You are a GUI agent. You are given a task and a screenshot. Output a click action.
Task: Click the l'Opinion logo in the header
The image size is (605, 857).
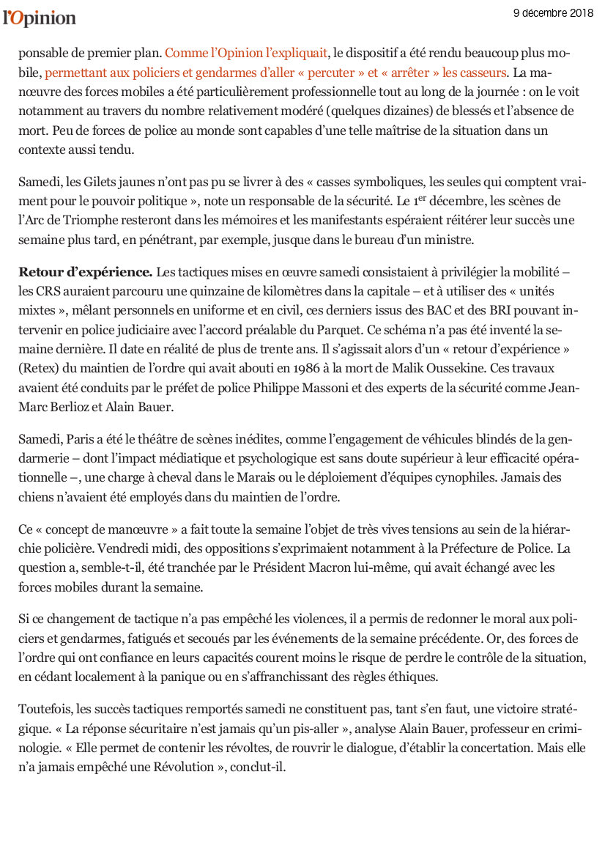(40, 18)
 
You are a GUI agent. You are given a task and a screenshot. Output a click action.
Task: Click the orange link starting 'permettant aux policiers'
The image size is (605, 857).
(275, 73)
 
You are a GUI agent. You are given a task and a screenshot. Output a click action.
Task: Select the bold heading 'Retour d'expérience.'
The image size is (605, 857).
(86, 272)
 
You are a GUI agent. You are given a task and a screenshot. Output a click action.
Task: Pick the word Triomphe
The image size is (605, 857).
(91, 220)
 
